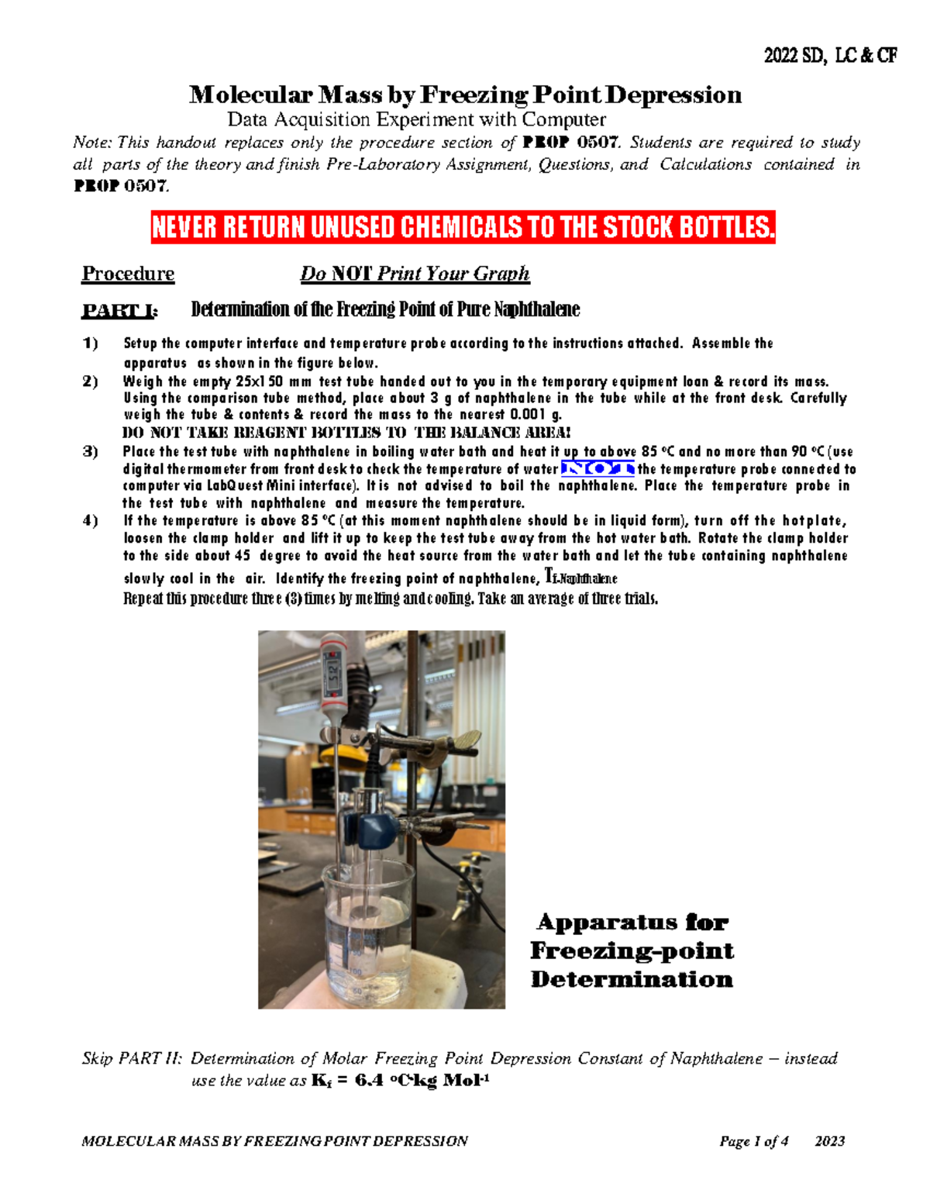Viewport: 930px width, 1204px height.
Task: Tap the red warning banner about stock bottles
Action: tap(463, 228)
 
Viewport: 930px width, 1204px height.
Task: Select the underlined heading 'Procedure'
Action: tap(128, 274)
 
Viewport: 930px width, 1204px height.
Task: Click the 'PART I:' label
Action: tap(120, 311)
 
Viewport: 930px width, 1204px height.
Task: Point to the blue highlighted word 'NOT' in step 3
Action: tap(598, 468)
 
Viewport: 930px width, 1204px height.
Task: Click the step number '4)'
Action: tap(91, 521)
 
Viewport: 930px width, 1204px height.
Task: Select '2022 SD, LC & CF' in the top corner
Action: tap(830, 56)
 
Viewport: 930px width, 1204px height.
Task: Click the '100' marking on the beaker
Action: tap(355, 971)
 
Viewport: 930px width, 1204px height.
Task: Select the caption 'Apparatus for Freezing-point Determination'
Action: tap(632, 950)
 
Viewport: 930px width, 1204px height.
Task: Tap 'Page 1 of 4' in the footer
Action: tap(753, 1141)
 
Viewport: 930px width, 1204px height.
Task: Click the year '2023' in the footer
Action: tap(830, 1141)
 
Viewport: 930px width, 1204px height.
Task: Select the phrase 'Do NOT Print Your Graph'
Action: tap(415, 274)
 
